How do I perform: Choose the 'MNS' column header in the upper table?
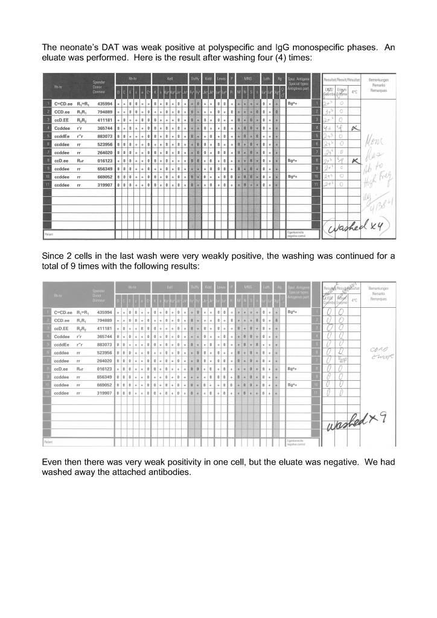[247, 78]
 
